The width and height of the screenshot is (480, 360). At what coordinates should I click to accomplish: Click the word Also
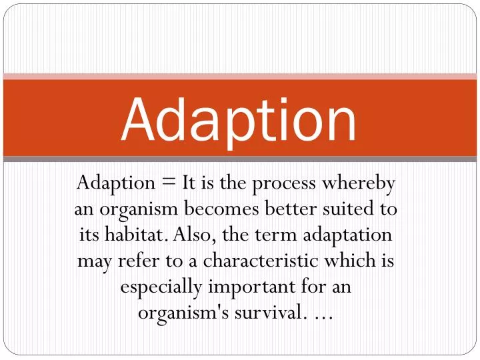click(x=186, y=235)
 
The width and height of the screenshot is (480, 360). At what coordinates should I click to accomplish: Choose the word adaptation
click(x=348, y=235)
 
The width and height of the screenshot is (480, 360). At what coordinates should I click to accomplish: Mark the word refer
click(x=132, y=261)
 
